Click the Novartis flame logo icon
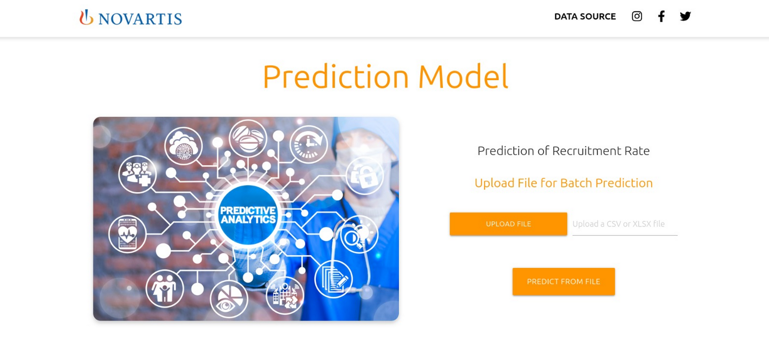pyautogui.click(x=86, y=17)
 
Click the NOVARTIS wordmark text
pyautogui.click(x=140, y=19)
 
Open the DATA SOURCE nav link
pyautogui.click(x=585, y=16)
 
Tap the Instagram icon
pyautogui.click(x=637, y=16)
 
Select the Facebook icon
pyautogui.click(x=661, y=16)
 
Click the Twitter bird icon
pyautogui.click(x=685, y=16)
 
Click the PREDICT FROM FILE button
pyautogui.click(x=564, y=281)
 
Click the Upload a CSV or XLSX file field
pyautogui.click(x=625, y=224)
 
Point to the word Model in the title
pyautogui.click(x=463, y=76)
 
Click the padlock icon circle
pyautogui.click(x=365, y=176)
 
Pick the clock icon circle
pyautogui.click(x=308, y=144)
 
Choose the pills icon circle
pyautogui.click(x=248, y=138)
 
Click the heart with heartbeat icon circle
pyautogui.click(x=127, y=235)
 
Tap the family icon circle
pyautogui.click(x=164, y=289)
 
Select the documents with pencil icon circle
pyautogui.click(x=334, y=279)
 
